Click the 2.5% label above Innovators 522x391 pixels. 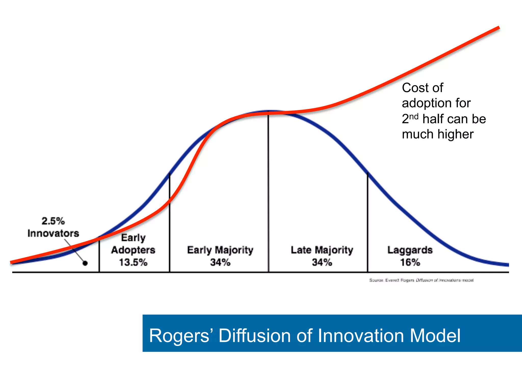[x=53, y=221]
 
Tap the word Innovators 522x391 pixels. [x=53, y=233]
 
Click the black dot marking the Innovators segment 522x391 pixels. [x=85, y=263]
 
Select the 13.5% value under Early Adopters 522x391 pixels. [x=133, y=262]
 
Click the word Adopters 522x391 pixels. [x=133, y=250]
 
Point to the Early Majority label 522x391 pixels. [x=220, y=250]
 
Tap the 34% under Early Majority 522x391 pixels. [x=220, y=262]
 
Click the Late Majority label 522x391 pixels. [x=322, y=250]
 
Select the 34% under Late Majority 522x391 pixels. [x=322, y=262]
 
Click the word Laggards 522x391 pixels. [x=410, y=250]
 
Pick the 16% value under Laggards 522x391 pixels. [x=410, y=262]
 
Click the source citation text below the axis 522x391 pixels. [x=421, y=280]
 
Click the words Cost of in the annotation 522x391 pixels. [x=422, y=88]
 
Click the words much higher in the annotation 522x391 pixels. [x=438, y=134]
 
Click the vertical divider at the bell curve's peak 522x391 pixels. [x=268, y=193]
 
